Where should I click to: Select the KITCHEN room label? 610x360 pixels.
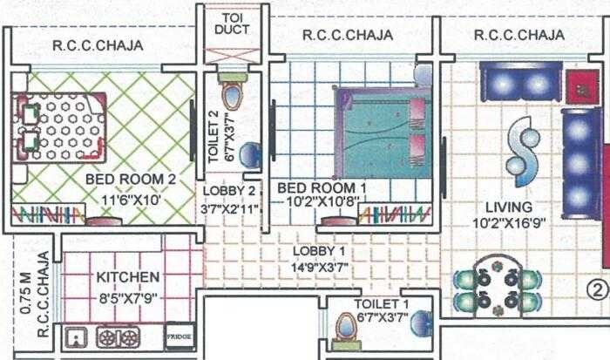[128, 277]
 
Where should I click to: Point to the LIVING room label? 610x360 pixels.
[510, 207]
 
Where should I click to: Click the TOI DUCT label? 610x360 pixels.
[231, 23]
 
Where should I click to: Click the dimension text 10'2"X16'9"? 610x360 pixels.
[510, 223]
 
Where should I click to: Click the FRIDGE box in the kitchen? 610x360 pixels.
[179, 336]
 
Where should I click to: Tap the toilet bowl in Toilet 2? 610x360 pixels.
[231, 94]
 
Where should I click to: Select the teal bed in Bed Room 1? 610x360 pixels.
[383, 132]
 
